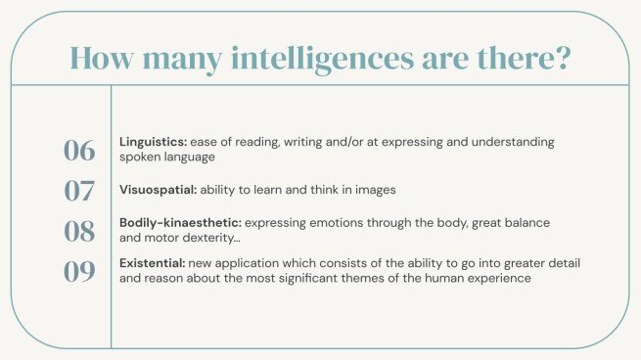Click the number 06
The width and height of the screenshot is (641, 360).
[79, 150]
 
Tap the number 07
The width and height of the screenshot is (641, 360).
[79, 190]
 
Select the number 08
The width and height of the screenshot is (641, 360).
[79, 231]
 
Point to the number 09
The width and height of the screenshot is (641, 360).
[79, 271]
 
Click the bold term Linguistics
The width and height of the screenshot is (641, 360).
[150, 142]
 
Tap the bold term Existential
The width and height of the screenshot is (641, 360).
[150, 263]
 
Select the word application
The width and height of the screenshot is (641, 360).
[250, 263]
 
